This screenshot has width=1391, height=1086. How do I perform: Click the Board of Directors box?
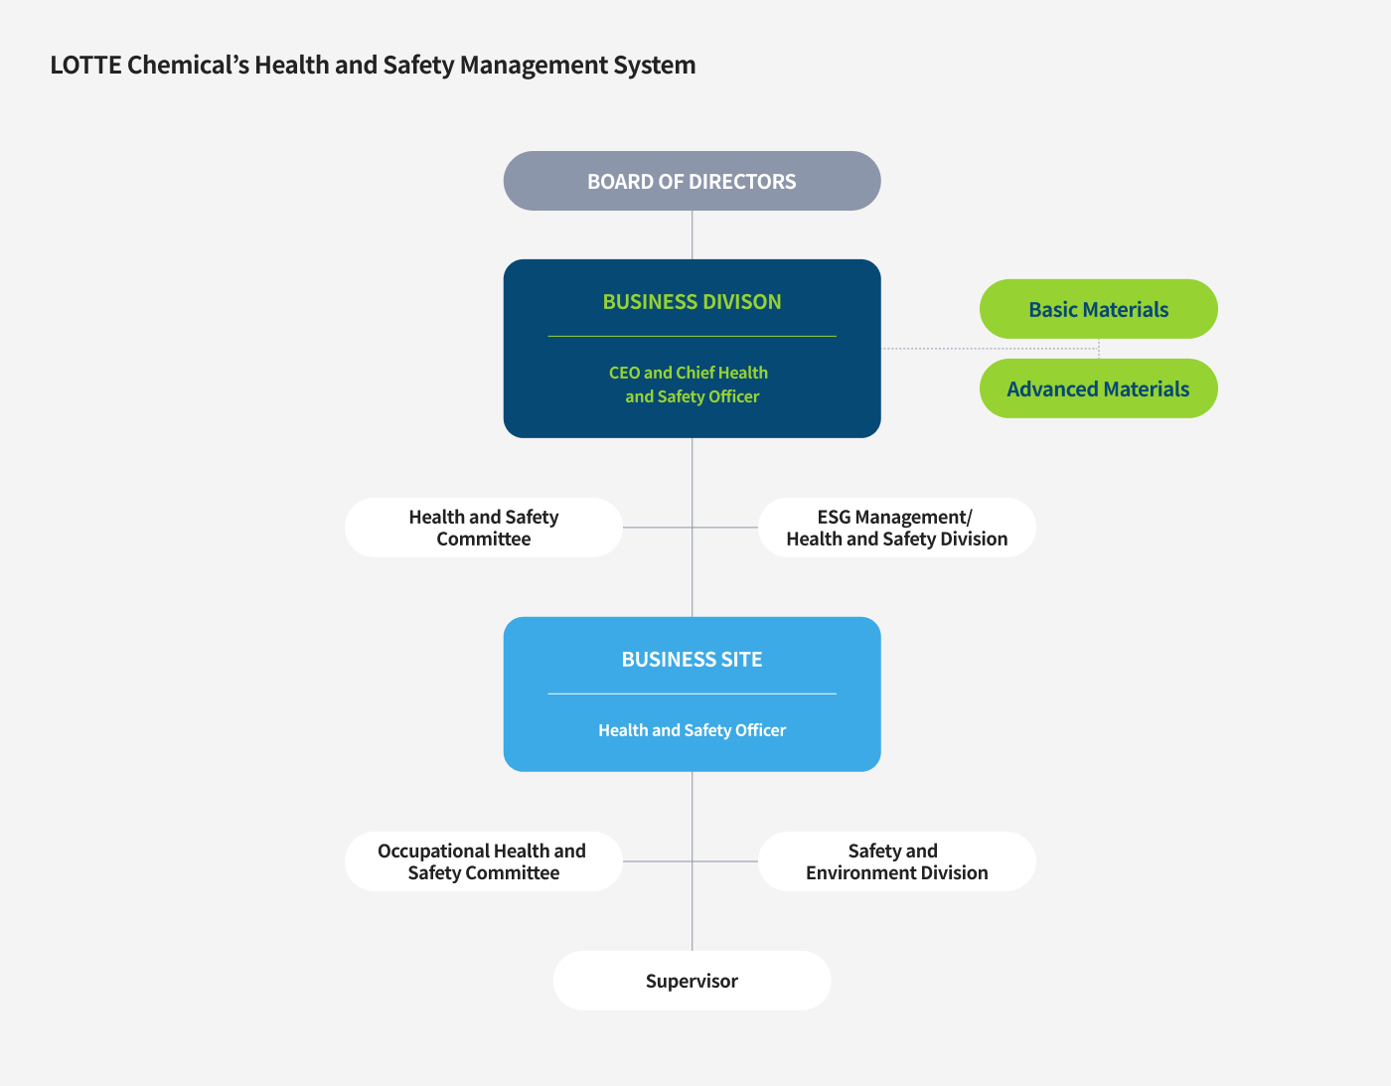(692, 181)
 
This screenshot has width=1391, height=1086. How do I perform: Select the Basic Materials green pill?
(1098, 309)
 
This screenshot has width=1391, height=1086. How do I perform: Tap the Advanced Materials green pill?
(1098, 388)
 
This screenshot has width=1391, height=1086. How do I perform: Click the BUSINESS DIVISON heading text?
(692, 302)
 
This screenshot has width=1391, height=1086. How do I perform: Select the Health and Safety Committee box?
(484, 528)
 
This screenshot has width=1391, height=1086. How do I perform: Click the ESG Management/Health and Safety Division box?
(896, 528)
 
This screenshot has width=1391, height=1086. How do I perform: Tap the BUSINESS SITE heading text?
(692, 660)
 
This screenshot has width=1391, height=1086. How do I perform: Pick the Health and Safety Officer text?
(692, 730)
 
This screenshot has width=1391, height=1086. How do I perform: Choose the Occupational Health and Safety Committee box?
(484, 861)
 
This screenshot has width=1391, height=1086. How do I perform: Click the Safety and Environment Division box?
(896, 861)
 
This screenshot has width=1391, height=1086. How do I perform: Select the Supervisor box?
(692, 981)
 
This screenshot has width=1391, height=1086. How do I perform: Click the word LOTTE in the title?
(85, 66)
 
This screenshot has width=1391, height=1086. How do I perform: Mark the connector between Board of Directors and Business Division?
(692, 234)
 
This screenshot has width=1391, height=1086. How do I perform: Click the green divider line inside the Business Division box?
(692, 337)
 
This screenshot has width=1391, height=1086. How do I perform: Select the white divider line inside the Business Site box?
(692, 694)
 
